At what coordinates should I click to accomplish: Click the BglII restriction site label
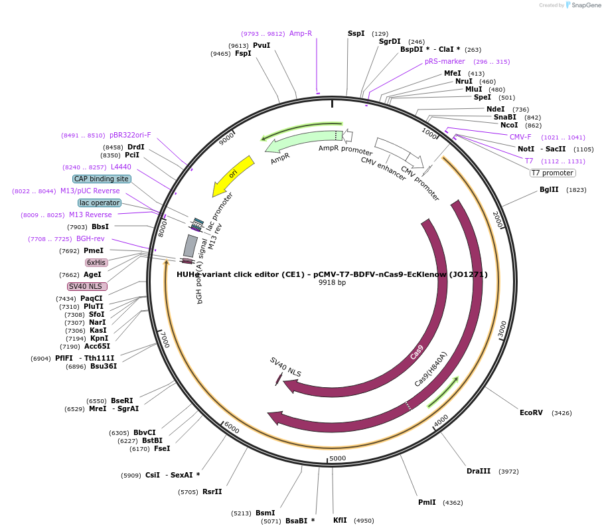point(549,189)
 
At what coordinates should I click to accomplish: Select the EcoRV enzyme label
point(531,412)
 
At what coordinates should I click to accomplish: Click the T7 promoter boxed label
point(552,173)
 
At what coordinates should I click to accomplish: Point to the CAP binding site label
point(102,179)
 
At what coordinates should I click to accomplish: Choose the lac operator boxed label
point(100,203)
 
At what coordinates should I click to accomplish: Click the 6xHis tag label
point(96,262)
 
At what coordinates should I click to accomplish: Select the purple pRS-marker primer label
point(445,61)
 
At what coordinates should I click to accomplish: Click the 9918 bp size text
point(332,282)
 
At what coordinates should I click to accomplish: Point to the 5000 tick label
point(338,458)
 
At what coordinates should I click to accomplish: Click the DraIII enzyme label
point(479,471)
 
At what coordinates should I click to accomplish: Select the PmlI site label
point(427,502)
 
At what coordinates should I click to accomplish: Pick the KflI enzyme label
point(340,521)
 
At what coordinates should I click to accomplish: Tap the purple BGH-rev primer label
point(90,238)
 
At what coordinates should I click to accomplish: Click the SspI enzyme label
point(356,33)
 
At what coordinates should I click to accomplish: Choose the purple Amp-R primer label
point(301,33)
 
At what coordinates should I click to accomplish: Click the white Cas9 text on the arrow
point(417,352)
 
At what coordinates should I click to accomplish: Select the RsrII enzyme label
point(212,491)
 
